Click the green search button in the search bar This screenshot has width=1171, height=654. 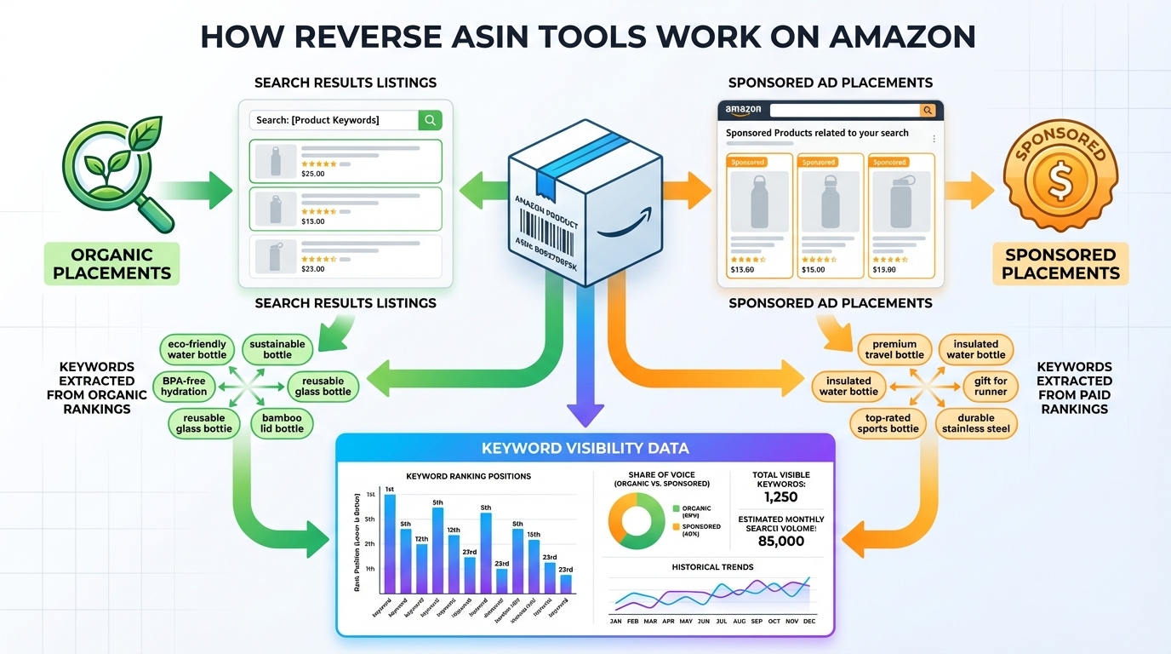click(430, 120)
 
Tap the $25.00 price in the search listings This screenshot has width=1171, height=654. click(313, 174)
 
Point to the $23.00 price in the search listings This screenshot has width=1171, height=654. click(313, 269)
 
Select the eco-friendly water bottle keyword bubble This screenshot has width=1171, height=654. click(197, 349)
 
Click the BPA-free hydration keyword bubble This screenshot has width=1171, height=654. click(184, 386)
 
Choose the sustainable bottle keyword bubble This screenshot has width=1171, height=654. click(277, 349)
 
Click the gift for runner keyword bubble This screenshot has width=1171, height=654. click(991, 386)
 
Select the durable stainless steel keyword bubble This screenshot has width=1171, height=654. click(975, 423)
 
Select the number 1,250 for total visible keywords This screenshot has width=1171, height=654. click(781, 496)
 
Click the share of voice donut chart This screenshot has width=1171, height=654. click(635, 519)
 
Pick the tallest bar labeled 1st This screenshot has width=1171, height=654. click(390, 543)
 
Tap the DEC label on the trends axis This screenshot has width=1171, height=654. click(808, 622)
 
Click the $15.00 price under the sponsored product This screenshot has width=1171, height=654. click(813, 270)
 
